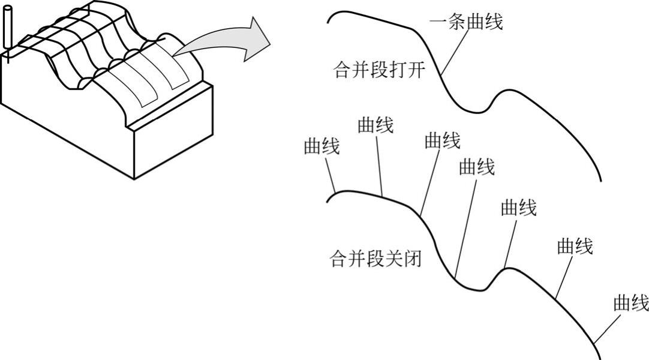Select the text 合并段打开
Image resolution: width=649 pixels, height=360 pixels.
tap(379, 70)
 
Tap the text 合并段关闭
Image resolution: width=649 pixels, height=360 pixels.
tap(376, 259)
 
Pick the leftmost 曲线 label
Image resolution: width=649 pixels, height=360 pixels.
tap(322, 146)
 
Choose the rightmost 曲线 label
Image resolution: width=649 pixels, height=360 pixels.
tap(630, 303)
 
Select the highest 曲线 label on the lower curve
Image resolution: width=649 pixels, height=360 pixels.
tap(375, 125)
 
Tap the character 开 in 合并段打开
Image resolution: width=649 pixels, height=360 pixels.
tap(417, 70)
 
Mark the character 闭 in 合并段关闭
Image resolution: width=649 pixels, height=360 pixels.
tap(413, 259)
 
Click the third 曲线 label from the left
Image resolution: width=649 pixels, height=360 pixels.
tap(443, 141)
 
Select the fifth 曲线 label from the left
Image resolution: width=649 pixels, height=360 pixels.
tap(519, 208)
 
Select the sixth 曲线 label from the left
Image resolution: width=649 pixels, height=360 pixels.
tap(575, 246)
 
